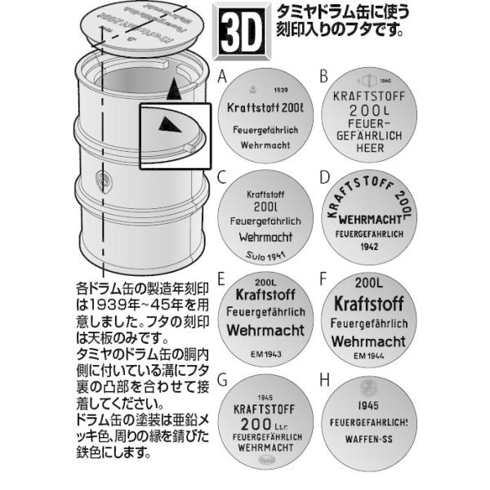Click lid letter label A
coord(222,76)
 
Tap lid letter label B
coord(324,76)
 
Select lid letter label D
coord(324,176)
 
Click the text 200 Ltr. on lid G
coord(268,425)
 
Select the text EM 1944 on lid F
coord(372,357)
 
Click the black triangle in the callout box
coord(167,124)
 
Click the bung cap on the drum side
coord(101,180)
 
